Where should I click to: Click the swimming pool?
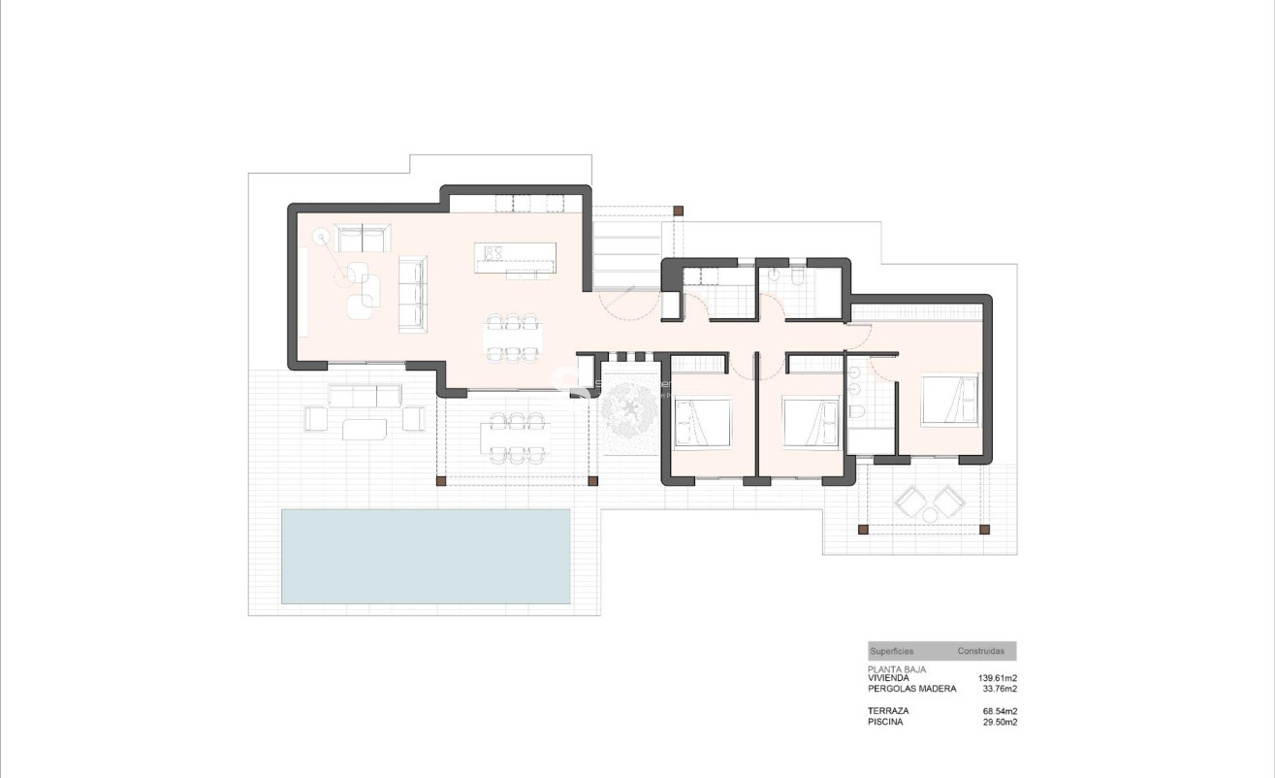[x=426, y=556]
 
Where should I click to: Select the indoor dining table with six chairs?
[x=511, y=338]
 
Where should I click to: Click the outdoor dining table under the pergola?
[x=515, y=438]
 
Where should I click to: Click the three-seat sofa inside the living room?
[x=412, y=294]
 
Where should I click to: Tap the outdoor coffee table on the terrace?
[x=365, y=428]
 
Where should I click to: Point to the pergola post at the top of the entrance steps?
[x=679, y=210]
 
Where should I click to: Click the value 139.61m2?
[x=997, y=678]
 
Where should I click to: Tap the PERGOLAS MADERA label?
[x=911, y=689]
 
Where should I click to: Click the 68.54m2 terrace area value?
[x=999, y=711]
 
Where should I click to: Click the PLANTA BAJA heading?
[x=897, y=669]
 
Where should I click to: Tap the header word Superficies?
[x=892, y=651]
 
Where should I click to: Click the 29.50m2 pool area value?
[x=999, y=722]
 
